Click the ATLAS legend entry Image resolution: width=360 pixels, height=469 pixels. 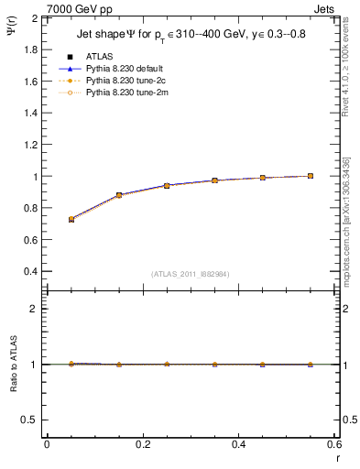click(x=99, y=57)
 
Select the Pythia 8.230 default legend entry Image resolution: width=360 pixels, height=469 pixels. click(x=124, y=69)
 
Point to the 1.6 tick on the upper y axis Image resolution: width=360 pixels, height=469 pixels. click(x=30, y=82)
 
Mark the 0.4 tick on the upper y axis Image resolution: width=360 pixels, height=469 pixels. click(x=30, y=272)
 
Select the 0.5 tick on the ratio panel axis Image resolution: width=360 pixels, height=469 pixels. click(x=30, y=420)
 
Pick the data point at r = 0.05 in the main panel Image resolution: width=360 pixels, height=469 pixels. click(x=71, y=220)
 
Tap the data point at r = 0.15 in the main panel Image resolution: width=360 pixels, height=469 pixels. click(x=118, y=195)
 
